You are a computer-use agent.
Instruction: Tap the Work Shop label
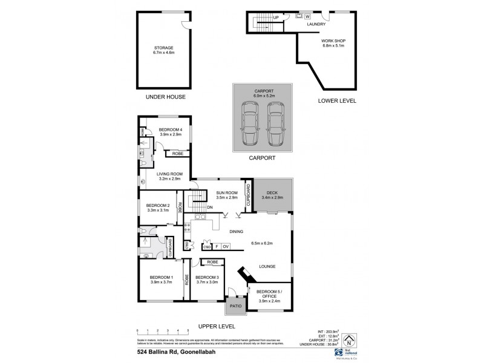(333, 43)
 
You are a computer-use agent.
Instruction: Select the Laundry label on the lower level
(316, 24)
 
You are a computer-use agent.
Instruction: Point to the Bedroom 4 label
(171, 132)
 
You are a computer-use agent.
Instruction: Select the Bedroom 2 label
(158, 208)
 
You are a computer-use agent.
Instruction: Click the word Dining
(237, 231)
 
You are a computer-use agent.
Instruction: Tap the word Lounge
(268, 266)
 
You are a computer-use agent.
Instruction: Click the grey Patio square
(235, 307)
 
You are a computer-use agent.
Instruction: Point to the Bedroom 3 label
(207, 280)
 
